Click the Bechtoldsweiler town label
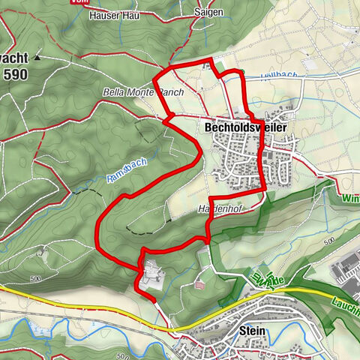pyautogui.click(x=245, y=128)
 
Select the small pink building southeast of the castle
pyautogui.click(x=199, y=283)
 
